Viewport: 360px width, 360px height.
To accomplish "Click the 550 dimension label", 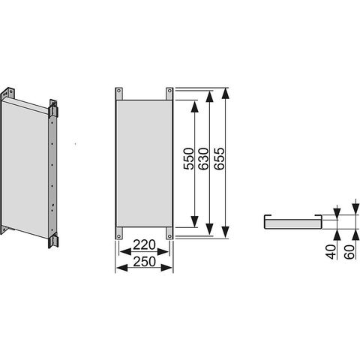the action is (x=188, y=159).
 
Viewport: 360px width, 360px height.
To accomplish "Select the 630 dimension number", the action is (x=203, y=159).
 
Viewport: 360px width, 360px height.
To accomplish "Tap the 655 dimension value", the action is (x=219, y=159).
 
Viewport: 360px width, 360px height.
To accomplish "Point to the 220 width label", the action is (x=144, y=245).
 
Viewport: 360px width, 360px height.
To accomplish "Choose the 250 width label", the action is (x=144, y=262).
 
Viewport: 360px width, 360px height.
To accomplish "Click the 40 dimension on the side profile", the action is (x=331, y=252).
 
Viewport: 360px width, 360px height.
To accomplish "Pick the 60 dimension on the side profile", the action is (x=349, y=252).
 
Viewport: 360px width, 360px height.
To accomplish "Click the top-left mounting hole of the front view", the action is (x=118, y=91).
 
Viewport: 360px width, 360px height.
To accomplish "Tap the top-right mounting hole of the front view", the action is (x=169, y=91).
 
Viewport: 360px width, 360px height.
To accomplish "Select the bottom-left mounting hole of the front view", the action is (x=118, y=236).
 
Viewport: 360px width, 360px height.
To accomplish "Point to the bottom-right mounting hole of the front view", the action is (x=169, y=236).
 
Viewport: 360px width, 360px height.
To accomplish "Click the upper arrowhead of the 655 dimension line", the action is (x=226, y=94).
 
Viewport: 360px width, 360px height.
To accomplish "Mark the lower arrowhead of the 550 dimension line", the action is (x=194, y=222).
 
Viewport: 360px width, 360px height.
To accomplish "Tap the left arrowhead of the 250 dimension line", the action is (x=122, y=268).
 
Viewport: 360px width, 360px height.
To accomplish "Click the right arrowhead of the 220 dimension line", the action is (x=163, y=252).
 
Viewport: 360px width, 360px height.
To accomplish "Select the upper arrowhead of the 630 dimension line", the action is (x=209, y=97).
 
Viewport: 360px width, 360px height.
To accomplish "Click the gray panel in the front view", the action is (x=144, y=163).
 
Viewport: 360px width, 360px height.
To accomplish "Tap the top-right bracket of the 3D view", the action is (x=53, y=109).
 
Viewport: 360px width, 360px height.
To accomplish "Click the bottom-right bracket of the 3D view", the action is (x=53, y=241).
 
